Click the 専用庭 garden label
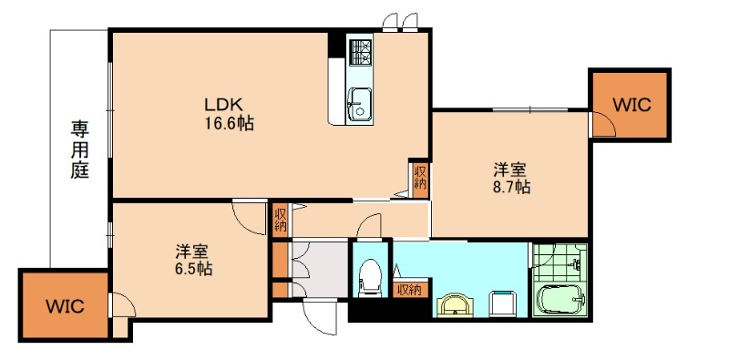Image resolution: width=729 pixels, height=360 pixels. pyautogui.click(x=80, y=149)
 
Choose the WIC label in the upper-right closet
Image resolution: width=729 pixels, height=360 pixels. pyautogui.click(x=631, y=104)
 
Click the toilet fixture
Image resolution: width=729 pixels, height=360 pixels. pyautogui.click(x=370, y=277)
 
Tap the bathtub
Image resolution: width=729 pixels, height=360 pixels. pyautogui.click(x=558, y=298)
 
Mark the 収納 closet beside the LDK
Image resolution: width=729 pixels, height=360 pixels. pyautogui.click(x=419, y=177)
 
